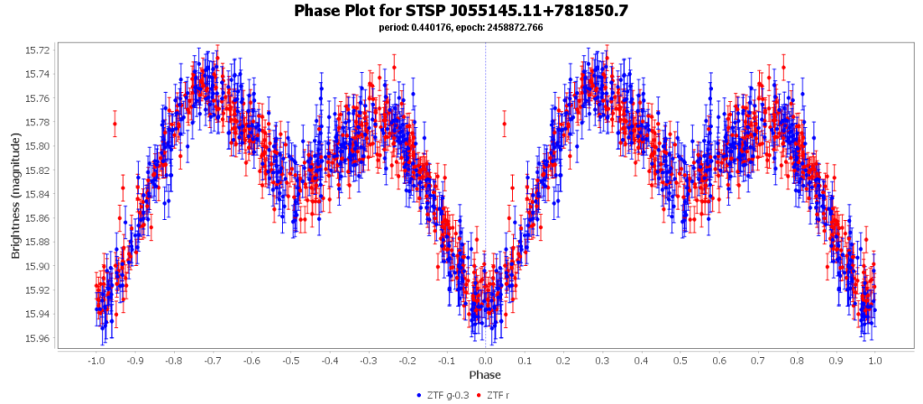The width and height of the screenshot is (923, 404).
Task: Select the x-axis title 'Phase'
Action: pyautogui.click(x=485, y=374)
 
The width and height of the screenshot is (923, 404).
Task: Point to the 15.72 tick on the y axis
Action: pyautogui.click(x=40, y=50)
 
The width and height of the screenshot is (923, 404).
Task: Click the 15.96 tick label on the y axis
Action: pyautogui.click(x=40, y=338)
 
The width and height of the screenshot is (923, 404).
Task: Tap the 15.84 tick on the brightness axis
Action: pyautogui.click(x=40, y=194)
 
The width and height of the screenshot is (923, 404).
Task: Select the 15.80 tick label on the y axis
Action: pyautogui.click(x=40, y=146)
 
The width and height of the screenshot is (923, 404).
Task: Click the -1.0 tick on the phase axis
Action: pyautogui.click(x=96, y=359)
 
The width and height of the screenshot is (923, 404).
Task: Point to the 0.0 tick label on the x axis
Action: pyautogui.click(x=485, y=359)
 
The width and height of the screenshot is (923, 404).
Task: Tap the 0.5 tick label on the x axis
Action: pyautogui.click(x=680, y=359)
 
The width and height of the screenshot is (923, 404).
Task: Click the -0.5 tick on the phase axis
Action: pyautogui.click(x=290, y=359)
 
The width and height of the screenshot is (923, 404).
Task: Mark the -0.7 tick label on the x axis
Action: pyautogui.click(x=213, y=359)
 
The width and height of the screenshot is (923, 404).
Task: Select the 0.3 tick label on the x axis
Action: pyautogui.click(x=602, y=359)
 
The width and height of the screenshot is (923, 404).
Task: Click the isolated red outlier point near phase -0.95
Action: pyautogui.click(x=114, y=124)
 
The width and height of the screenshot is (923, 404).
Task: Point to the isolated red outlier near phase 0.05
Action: pyautogui.click(x=505, y=124)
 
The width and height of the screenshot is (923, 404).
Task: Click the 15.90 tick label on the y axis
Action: pyautogui.click(x=40, y=266)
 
